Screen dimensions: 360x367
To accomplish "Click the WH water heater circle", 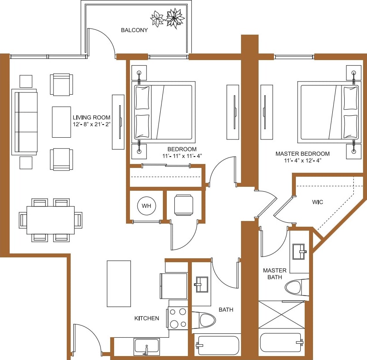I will (x=145, y=206).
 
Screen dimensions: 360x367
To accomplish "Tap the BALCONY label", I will (x=134, y=30).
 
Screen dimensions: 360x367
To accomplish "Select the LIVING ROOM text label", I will (x=91, y=118).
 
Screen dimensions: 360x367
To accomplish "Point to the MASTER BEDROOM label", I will (x=302, y=154).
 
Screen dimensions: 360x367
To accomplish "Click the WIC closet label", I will (x=318, y=202).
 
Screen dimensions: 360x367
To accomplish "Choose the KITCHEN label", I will (x=147, y=318).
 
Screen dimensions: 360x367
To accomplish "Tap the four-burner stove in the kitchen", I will (x=178, y=318).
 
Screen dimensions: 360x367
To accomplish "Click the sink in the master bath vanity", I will (x=300, y=251).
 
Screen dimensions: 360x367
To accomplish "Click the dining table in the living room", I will (x=50, y=220).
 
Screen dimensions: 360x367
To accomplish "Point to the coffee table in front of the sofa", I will (x=61, y=122).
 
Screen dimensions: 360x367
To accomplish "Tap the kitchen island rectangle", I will (x=119, y=283).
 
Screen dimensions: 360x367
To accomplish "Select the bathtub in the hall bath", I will (x=217, y=345).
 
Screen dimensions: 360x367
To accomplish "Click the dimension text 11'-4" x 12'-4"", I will (x=302, y=160).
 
